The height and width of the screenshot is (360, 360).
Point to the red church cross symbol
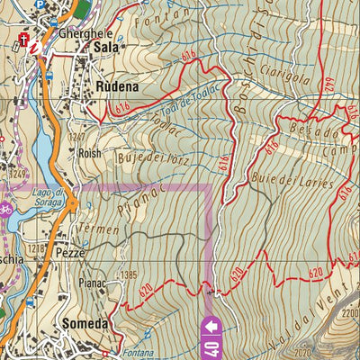[22, 37]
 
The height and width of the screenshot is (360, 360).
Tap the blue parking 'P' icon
[40, 4]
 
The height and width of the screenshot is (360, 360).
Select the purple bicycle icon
[6, 210]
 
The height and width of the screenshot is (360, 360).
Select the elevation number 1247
[77, 136]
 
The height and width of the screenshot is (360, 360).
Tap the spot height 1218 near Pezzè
[36, 247]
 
